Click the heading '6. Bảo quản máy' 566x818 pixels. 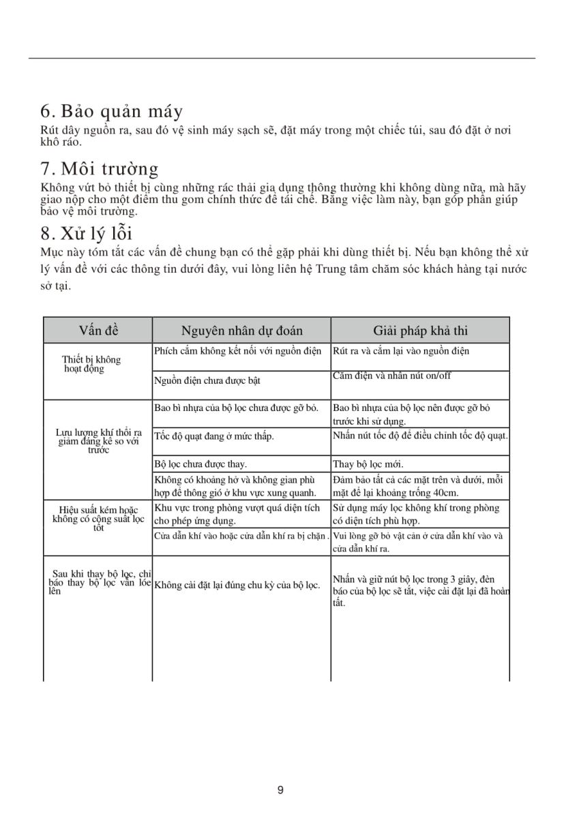tap(111, 111)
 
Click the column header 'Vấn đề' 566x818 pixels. tap(98, 331)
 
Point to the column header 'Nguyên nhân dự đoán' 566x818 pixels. tap(241, 331)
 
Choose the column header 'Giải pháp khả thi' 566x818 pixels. tap(420, 331)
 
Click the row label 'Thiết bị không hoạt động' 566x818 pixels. tap(91, 364)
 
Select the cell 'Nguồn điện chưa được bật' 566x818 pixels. tap(207, 381)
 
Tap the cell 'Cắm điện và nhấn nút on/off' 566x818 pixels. tap(391, 376)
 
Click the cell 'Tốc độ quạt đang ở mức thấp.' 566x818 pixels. tap(214, 436)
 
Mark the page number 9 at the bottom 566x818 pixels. tap(281, 790)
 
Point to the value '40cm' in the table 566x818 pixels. tap(443, 493)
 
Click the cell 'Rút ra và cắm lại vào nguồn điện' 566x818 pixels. tap(401, 352)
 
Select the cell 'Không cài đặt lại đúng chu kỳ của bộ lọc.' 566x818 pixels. tap(237, 585)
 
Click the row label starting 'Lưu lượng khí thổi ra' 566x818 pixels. tap(98, 441)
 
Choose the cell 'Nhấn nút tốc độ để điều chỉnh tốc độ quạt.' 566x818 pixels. tap(420, 436)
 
